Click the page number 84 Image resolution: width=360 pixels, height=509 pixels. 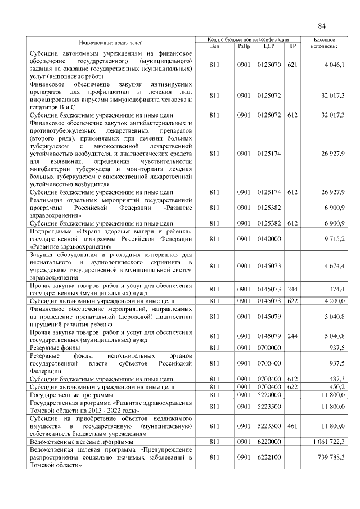coord(322,26)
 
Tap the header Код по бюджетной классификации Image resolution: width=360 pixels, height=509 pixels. coord(247,40)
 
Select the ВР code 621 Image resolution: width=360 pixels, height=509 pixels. coord(291,66)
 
